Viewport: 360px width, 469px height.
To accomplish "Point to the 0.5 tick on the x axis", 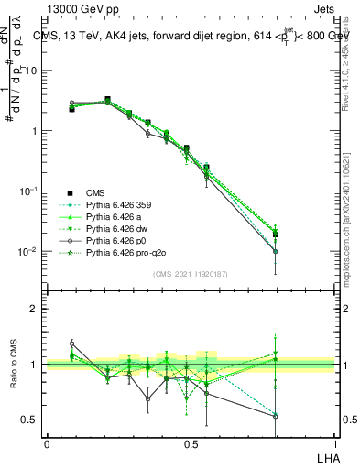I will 190,443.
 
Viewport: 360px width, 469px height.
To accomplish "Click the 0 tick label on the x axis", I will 47,443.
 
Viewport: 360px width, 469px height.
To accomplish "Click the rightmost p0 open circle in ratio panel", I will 275,416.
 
